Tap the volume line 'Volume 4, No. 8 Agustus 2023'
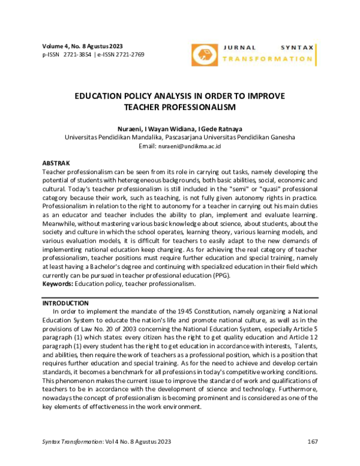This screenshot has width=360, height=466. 82,46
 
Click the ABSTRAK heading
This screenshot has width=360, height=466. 56,163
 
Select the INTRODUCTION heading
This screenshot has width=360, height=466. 65,303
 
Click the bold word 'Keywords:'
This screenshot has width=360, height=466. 58,283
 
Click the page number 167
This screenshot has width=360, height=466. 311,441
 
